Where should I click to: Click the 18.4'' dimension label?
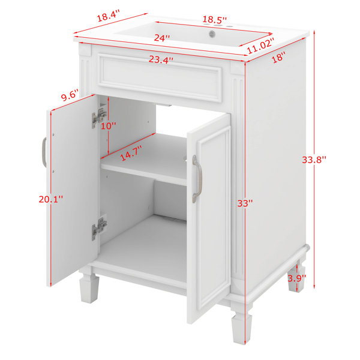tap(109, 16)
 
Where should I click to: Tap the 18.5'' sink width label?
tap(214, 20)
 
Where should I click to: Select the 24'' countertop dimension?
tap(162, 38)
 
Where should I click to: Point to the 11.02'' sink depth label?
tap(260, 46)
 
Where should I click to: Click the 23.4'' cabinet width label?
tap(161, 59)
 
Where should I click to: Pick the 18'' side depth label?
tap(278, 57)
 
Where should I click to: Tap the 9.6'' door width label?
tap(70, 95)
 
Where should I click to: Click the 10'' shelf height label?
tap(109, 125)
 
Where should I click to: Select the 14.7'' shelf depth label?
tap(131, 154)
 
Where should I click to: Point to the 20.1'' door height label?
tap(50, 199)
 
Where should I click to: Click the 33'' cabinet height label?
tap(245, 203)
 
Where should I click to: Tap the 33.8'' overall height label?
tap(314, 160)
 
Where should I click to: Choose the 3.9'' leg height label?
tap(297, 278)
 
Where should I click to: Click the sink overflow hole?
tap(212, 34)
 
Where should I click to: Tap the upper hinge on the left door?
tap(99, 118)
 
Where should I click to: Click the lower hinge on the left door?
tap(99, 229)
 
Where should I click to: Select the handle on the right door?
tap(197, 179)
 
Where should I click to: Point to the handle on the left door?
tap(44, 152)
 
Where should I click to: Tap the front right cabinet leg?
tap(241, 326)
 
